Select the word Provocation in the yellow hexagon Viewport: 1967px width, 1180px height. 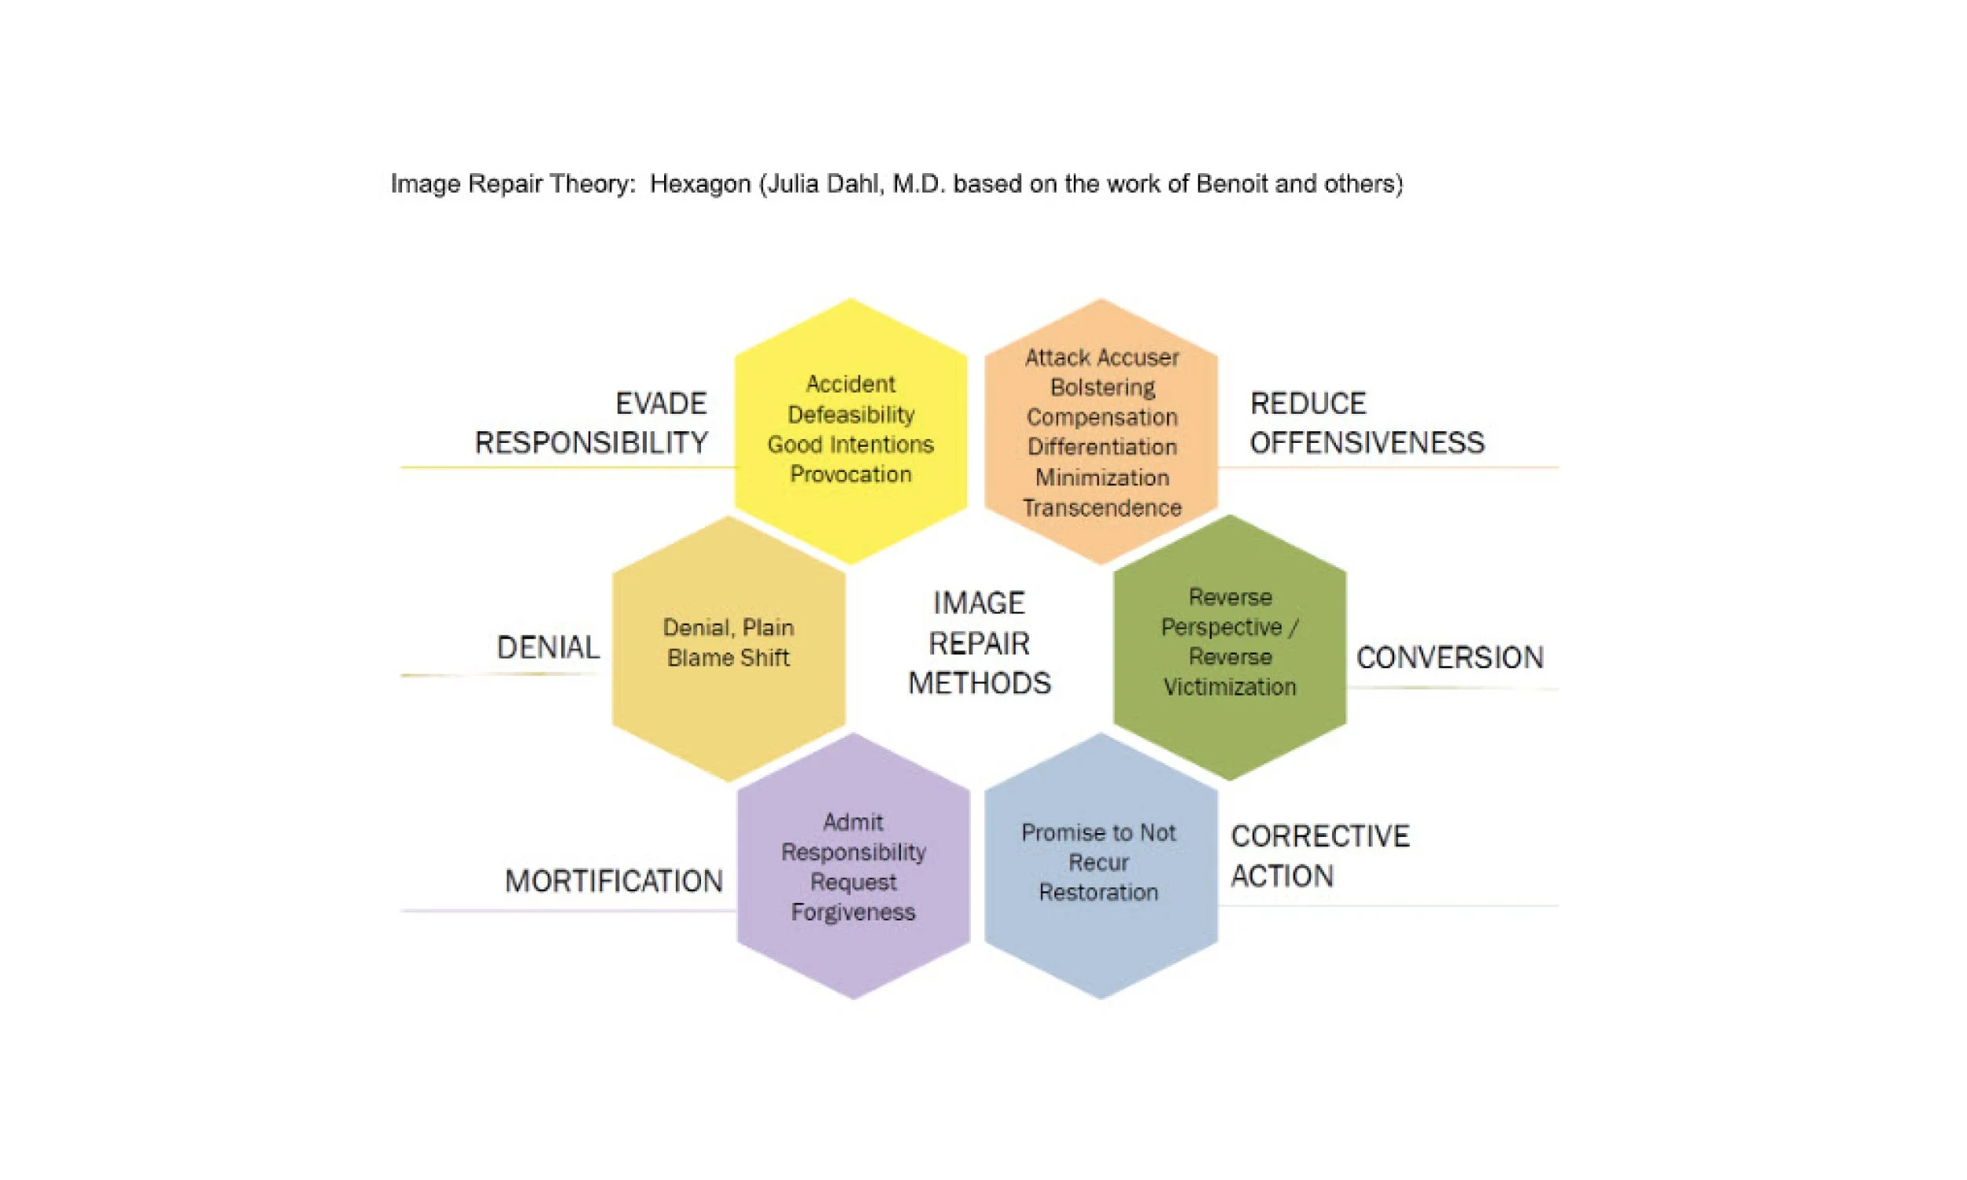850,474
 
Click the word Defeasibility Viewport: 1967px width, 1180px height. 851,415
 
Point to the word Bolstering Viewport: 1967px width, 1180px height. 1102,387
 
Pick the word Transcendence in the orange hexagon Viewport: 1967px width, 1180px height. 1102,507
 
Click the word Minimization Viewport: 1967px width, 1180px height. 1102,477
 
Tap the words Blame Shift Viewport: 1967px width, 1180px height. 728,658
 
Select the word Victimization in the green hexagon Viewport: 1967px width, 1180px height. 1229,686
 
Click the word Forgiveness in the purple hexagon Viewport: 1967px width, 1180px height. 852,911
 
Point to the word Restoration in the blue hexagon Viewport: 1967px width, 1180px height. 1098,892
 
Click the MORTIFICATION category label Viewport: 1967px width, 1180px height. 614,881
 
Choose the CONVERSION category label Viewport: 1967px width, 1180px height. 1449,658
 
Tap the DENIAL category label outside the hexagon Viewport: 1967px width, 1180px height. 548,647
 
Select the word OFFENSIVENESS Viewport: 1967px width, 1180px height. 1366,443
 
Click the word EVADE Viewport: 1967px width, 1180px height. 661,404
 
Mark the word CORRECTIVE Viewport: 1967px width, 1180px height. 1319,836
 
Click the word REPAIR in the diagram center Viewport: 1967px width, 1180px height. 979,643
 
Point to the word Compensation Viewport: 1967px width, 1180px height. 1102,417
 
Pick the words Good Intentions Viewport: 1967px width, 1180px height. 850,444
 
